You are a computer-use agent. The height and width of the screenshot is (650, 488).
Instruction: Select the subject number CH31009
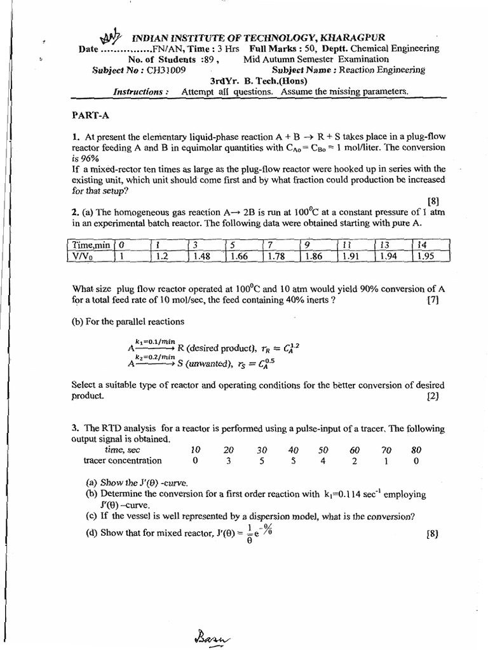165,70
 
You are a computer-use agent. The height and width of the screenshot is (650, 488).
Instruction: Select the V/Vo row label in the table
84,256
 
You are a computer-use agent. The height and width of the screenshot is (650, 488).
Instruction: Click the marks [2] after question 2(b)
434,395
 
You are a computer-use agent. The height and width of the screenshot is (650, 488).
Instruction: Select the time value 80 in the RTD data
416,449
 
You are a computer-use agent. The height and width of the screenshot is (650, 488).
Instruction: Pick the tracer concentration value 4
323,461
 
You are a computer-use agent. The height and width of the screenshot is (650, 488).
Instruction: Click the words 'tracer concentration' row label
123,461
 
